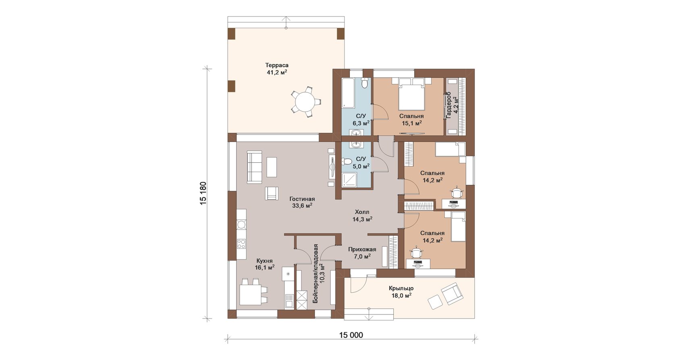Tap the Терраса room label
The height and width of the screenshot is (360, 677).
click(277, 65)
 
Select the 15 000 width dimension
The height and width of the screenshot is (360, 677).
click(351, 335)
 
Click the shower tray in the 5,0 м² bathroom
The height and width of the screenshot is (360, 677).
click(349, 180)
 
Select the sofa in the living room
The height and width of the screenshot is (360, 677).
click(254, 167)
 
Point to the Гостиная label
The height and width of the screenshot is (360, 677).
click(302, 199)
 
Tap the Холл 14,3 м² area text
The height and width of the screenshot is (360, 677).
click(362, 216)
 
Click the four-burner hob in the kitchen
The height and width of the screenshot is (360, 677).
click(241, 243)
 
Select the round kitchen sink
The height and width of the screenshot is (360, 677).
click(241, 225)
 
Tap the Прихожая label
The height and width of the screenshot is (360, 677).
click(362, 250)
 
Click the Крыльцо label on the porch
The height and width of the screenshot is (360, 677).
click(401, 288)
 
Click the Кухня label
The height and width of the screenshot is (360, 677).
click(264, 261)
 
